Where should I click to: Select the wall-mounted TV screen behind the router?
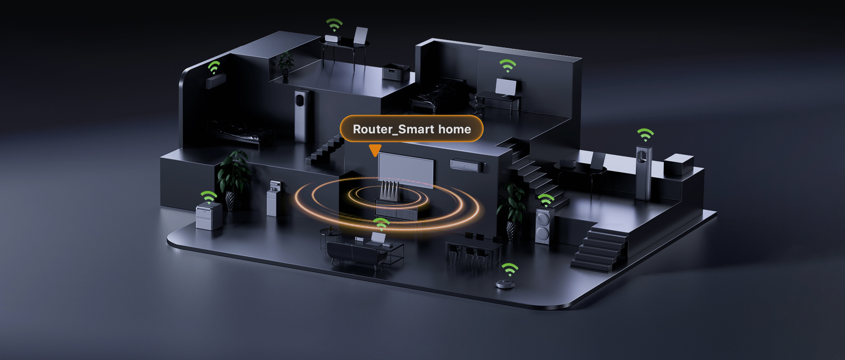click(406, 169)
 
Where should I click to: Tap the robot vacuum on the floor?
click(505, 284)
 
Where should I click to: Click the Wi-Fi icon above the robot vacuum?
click(510, 269)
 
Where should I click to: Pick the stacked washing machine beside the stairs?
click(543, 226)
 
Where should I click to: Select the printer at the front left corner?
click(209, 216)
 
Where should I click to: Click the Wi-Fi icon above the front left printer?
click(209, 197)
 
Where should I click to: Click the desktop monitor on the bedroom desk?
click(506, 87)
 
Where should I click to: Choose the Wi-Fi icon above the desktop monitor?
click(507, 66)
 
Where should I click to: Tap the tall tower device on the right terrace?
click(643, 173)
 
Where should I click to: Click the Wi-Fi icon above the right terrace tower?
click(645, 134)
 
